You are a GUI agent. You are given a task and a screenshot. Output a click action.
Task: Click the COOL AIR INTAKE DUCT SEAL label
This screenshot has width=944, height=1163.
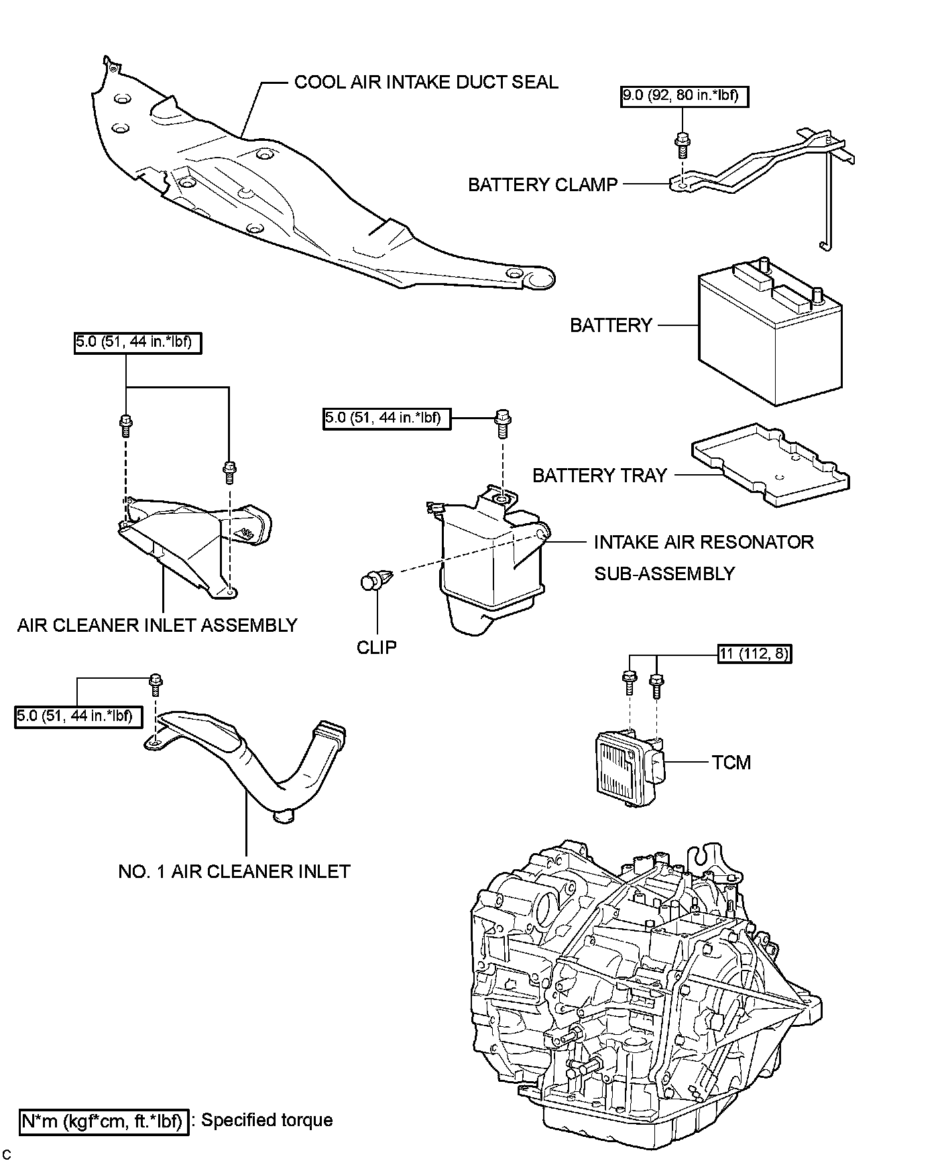[x=426, y=82]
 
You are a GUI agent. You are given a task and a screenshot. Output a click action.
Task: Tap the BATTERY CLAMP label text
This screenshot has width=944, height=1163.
[x=542, y=184]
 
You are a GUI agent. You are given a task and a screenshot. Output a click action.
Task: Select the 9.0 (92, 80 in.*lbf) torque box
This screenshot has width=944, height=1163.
[x=683, y=97]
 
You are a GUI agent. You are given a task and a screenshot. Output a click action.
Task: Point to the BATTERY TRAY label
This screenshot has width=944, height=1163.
[x=599, y=476]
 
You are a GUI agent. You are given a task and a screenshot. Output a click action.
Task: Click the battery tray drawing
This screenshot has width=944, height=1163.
[x=771, y=463]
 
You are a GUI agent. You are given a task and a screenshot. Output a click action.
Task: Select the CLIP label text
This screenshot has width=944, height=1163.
[x=377, y=647]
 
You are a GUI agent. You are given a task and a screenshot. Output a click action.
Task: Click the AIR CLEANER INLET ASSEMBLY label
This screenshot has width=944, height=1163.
[x=157, y=625]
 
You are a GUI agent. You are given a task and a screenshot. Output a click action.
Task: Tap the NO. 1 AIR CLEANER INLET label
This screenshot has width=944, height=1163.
[x=234, y=871]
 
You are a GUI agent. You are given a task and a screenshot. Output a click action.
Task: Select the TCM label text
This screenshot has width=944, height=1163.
[x=731, y=763]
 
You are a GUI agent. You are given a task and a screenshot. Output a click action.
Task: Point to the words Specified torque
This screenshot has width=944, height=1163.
[x=267, y=1120]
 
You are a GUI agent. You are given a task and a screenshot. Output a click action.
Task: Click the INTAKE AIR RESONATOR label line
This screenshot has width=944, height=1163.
[x=703, y=542]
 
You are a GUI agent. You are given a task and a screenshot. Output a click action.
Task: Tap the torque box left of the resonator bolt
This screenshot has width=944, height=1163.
[x=386, y=419]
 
